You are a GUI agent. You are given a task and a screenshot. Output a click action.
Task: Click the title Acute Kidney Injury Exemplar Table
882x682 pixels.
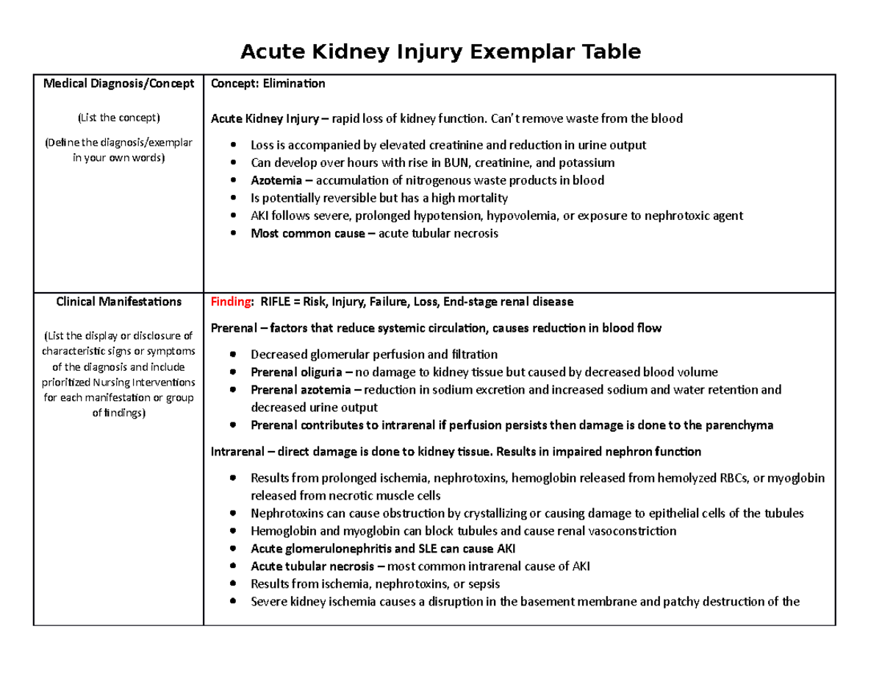click(x=441, y=51)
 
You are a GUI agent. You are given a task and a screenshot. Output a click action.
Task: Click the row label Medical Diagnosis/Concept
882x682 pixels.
click(x=118, y=83)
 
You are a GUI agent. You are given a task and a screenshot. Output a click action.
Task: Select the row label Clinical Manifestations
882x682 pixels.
click(x=118, y=301)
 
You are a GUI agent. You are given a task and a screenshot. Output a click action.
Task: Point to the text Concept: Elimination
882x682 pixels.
click(x=268, y=83)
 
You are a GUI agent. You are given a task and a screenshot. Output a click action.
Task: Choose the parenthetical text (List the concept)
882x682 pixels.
click(x=118, y=118)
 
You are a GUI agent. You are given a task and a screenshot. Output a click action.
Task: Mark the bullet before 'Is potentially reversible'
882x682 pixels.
click(x=234, y=198)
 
